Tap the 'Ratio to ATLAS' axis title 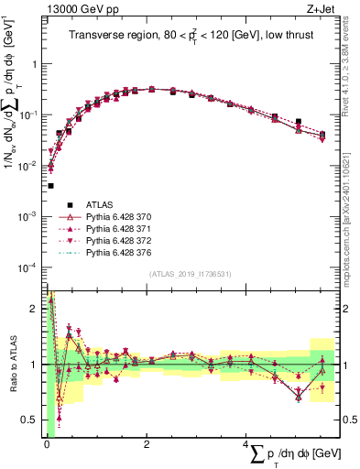(x=12, y=363)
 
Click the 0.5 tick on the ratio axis (x=33, y=420)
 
